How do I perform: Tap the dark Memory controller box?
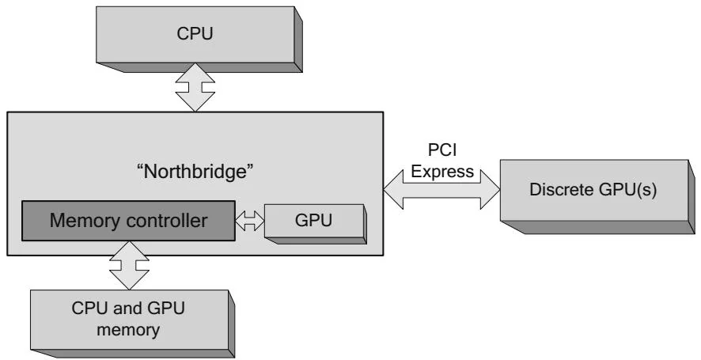pos(130,220)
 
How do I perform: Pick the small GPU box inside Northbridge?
pos(313,221)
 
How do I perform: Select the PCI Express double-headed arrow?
pos(442,188)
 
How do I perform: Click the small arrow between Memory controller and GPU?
pos(250,222)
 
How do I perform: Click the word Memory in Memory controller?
pos(83,220)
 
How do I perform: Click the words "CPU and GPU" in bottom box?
pos(131,308)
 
